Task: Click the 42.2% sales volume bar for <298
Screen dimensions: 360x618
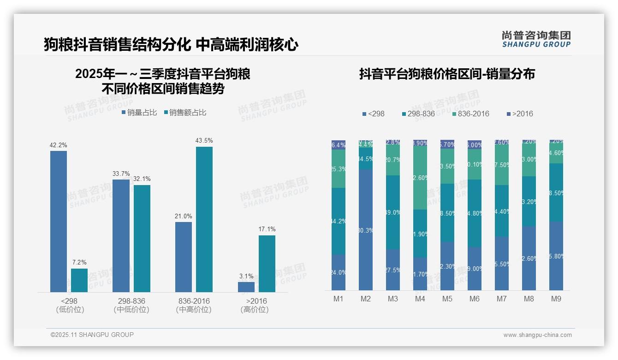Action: (59, 222)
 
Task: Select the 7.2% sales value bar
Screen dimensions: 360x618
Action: (79, 280)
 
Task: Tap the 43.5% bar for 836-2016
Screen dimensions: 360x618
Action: (204, 219)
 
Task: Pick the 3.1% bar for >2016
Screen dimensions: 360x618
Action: (246, 287)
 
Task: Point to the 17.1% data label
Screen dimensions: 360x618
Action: (267, 229)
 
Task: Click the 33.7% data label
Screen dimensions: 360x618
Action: (121, 174)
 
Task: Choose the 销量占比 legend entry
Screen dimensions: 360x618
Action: (139, 113)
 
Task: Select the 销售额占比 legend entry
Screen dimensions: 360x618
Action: (185, 113)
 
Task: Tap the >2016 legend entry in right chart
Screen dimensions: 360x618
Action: (520, 114)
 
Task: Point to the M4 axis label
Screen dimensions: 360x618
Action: (420, 299)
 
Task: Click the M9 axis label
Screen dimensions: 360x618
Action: (556, 299)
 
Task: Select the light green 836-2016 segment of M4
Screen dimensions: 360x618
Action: (420, 177)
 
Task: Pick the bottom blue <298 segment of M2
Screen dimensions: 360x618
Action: (366, 229)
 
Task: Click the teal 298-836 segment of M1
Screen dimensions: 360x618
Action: (339, 221)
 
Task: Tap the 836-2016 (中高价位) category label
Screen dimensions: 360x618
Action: (194, 305)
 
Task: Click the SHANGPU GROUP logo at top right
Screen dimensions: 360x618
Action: (536, 39)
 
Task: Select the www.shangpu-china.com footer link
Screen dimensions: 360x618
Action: (537, 335)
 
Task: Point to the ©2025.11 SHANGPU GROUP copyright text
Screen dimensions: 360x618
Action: (92, 335)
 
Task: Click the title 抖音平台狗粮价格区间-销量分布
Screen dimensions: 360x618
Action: (447, 74)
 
